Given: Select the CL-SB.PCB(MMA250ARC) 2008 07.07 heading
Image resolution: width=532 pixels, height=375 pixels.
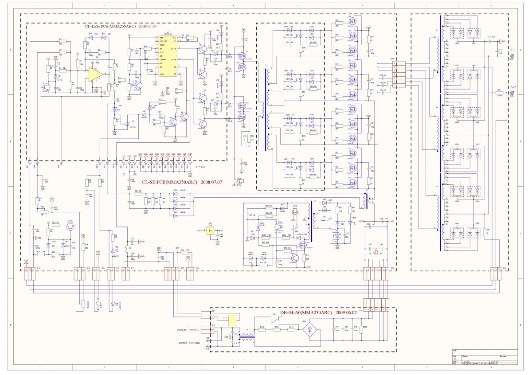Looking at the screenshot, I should pyautogui.click(x=182, y=182).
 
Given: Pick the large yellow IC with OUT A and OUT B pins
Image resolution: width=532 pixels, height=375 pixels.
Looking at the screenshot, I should pyautogui.click(x=168, y=56).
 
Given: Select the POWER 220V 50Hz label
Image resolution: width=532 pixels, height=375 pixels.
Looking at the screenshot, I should pyautogui.click(x=189, y=343).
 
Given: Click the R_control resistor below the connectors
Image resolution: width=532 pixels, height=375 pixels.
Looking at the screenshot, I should pyautogui.click(x=82, y=304).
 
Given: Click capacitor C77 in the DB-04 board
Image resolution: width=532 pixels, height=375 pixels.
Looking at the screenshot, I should pyautogui.click(x=333, y=330).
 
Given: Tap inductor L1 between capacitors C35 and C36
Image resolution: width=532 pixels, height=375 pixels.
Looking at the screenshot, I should pyautogui.click(x=128, y=249).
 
